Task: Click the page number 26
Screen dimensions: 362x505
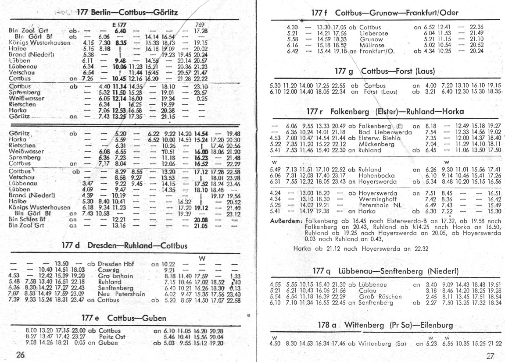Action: coord(20,355)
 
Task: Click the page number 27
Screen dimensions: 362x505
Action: coord(491,355)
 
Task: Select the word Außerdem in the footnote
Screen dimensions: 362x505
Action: coord(287,221)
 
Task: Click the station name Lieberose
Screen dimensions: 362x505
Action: coord(373,33)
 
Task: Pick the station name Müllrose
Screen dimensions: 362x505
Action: coord(372,45)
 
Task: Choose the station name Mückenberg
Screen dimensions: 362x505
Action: coord(376,143)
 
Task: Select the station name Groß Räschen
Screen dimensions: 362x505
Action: coord(380,297)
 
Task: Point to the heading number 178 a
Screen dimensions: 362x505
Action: coord(328,325)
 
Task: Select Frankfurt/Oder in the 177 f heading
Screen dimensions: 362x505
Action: coord(431,13)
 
